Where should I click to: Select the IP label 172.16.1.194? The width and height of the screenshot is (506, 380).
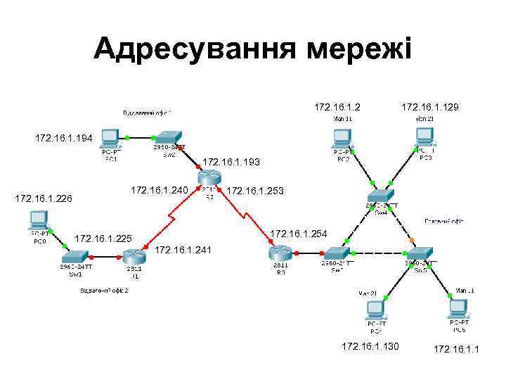64,138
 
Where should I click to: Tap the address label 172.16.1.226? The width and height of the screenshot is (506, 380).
44,199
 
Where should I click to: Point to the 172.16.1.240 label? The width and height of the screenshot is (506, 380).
160,190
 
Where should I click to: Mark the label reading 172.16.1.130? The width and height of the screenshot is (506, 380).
370,346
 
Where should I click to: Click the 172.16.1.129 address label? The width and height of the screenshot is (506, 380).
429,107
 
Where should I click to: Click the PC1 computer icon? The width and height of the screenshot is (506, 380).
110,139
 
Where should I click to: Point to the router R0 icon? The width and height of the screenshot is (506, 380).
279,252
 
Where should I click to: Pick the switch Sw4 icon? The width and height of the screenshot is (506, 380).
381,196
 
